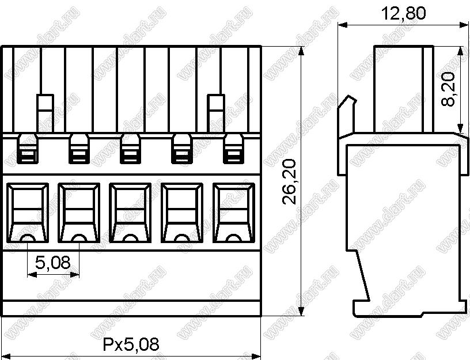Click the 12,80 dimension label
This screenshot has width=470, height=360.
[403, 13]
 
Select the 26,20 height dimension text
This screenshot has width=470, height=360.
[290, 181]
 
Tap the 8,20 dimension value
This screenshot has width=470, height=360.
[448, 89]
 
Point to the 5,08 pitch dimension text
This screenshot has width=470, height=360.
[53, 262]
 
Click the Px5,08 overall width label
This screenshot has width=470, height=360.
[131, 344]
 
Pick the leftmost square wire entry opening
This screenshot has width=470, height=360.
[28, 213]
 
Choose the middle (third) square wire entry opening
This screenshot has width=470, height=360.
[130, 213]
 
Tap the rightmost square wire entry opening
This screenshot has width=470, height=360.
[234, 213]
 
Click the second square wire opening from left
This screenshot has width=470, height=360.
[79, 213]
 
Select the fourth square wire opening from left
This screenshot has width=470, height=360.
[182, 213]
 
